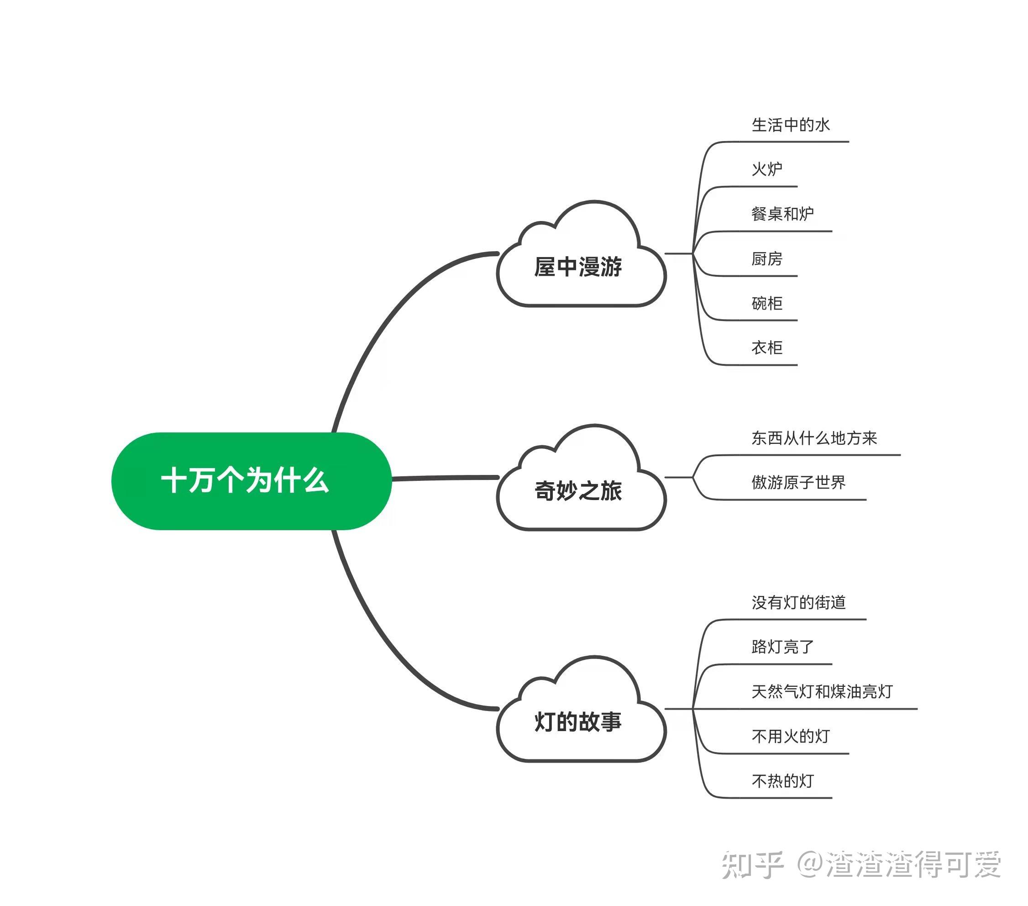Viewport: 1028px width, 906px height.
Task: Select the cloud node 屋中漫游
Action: tap(578, 267)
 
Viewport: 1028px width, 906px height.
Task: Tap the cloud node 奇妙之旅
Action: tap(578, 490)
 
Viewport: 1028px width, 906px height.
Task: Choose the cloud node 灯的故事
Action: tap(578, 722)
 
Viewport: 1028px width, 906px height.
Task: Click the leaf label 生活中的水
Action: tap(790, 125)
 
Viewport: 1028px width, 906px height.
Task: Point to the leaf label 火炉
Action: tap(767, 169)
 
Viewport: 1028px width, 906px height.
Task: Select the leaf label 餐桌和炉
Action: tap(782, 214)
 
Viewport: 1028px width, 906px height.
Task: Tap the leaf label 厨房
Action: tap(767, 258)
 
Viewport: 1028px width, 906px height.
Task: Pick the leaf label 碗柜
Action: tap(767, 303)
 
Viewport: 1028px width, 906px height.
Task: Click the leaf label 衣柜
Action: tap(767, 347)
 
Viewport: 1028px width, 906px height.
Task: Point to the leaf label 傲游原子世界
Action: tap(799, 482)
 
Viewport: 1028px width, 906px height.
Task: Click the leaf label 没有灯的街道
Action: tap(799, 602)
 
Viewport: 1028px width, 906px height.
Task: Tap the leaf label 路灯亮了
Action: tap(782, 647)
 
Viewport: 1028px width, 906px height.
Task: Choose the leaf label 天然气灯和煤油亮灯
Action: tap(822, 691)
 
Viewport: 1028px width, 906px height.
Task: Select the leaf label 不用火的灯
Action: tap(790, 736)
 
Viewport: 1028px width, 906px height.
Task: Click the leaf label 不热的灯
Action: tap(782, 780)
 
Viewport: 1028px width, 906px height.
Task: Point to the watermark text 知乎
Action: tap(752, 865)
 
